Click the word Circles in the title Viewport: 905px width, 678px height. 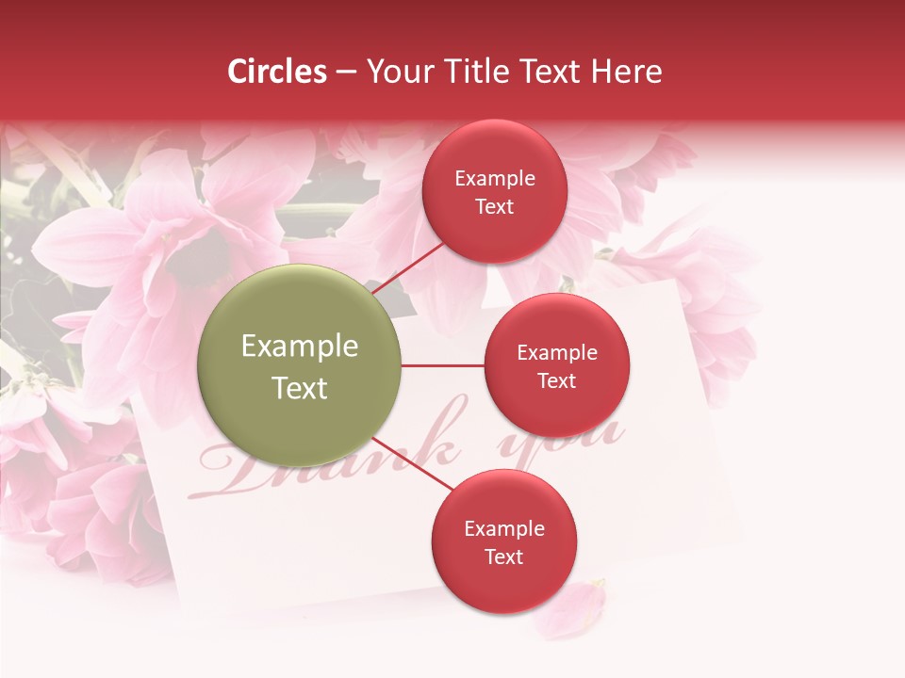pos(277,72)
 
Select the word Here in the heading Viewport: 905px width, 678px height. pos(628,72)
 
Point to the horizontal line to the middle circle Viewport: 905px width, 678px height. pos(442,365)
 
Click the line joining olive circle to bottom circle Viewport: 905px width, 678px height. pos(413,463)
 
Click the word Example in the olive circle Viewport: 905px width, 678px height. pos(299,347)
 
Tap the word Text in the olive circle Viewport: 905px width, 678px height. pos(299,388)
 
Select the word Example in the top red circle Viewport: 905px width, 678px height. pos(495,178)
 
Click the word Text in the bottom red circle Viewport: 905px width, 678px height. pos(504,557)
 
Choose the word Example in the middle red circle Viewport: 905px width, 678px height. pos(556,352)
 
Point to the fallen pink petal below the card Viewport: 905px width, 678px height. pos(570,607)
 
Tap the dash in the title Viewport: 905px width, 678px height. pos(346,73)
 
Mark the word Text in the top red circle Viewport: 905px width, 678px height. pos(495,206)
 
